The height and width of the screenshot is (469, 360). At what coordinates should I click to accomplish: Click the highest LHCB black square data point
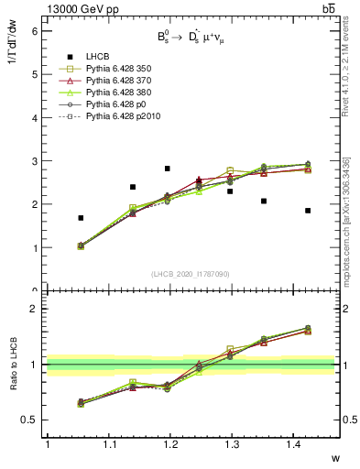tap(167, 169)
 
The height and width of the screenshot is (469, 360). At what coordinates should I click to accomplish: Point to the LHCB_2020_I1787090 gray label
tap(191, 274)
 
